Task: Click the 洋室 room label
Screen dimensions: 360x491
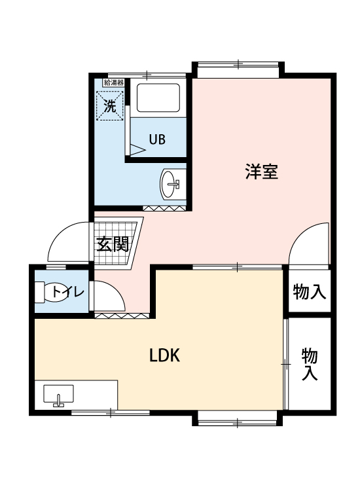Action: (x=261, y=172)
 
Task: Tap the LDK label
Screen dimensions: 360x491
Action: (x=164, y=355)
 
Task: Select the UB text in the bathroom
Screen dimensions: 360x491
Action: (x=157, y=139)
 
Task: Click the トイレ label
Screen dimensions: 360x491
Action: (x=68, y=292)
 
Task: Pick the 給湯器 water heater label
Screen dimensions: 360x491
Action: (x=114, y=82)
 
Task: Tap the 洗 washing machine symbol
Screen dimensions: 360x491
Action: (x=110, y=105)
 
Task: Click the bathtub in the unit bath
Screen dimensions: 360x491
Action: (x=158, y=98)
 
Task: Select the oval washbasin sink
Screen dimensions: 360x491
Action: (x=170, y=183)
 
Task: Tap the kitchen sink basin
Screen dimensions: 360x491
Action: (x=58, y=394)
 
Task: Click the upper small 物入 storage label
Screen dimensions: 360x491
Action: (x=310, y=291)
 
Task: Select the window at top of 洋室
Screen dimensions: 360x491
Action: (x=238, y=65)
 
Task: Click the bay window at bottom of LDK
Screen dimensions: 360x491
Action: (x=238, y=422)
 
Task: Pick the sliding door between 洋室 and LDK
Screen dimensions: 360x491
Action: (x=238, y=267)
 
